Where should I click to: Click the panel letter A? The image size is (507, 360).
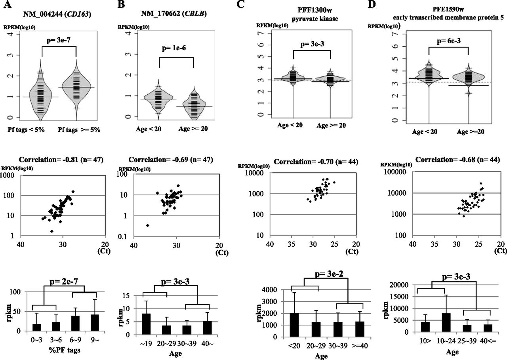click(7, 6)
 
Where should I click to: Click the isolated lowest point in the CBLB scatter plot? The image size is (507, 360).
click(148, 225)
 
